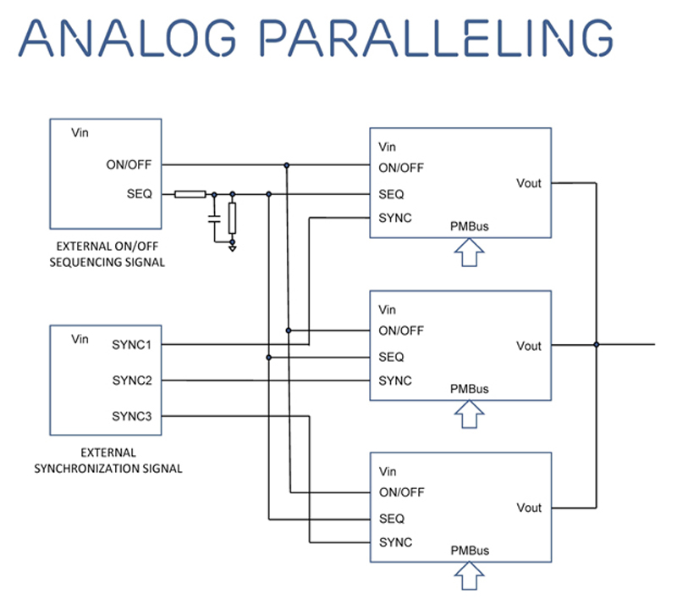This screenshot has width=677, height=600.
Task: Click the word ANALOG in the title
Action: coord(128,38)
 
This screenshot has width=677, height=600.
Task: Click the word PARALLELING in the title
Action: coord(436,38)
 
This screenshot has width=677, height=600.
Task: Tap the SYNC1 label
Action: coord(132,345)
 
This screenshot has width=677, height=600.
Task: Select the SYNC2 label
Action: coord(132,381)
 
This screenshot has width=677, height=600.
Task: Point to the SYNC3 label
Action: coord(132,416)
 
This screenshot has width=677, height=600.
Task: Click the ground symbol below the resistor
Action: coord(232,248)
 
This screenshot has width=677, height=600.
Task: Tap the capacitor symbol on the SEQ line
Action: coord(214,219)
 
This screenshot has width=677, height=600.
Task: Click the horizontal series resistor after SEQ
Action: coord(190,195)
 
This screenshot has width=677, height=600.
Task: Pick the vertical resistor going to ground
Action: coord(232,219)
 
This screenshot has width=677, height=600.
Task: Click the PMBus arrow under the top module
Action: coord(470,253)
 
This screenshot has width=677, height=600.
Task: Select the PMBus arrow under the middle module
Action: coord(470,414)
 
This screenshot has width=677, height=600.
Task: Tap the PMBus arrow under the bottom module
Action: coord(470,575)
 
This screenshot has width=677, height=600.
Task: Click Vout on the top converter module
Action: coord(529,183)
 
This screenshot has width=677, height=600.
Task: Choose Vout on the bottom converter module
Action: coord(530,508)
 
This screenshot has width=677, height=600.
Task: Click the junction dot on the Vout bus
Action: coord(597,345)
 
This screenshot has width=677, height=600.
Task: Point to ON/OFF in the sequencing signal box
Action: coord(129,164)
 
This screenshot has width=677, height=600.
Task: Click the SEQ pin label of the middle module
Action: coord(391,357)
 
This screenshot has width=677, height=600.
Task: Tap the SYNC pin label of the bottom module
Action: coord(395,542)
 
